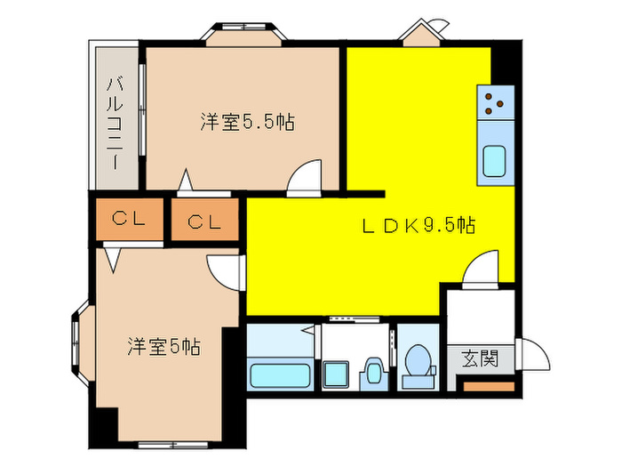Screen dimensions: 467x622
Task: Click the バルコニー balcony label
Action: tap(116, 116)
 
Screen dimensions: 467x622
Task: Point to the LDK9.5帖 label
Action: tap(418, 226)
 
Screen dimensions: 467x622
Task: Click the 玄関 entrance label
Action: tap(480, 359)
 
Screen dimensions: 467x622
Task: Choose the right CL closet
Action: tap(204, 221)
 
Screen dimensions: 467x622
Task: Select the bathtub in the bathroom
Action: tap(279, 374)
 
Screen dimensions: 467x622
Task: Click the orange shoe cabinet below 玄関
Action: tap(490, 387)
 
